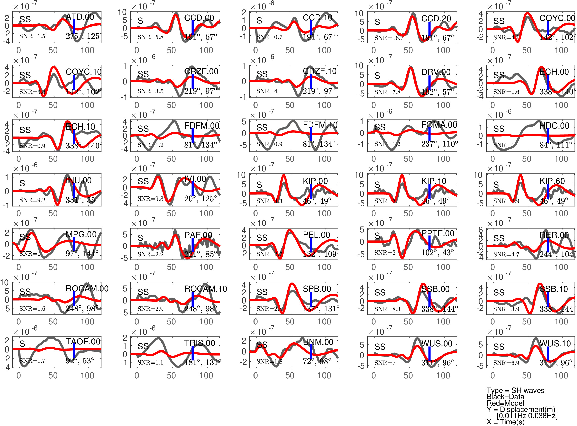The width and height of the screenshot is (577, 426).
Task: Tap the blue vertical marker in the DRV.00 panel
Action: (429, 83)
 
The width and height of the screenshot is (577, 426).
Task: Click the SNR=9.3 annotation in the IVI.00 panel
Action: (150, 198)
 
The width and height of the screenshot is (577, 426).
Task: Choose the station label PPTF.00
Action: (438, 233)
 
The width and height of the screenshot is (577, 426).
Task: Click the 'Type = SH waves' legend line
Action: (515, 390)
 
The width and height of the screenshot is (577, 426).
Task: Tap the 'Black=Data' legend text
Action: (505, 397)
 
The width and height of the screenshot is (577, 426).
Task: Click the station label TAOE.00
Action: (83, 341)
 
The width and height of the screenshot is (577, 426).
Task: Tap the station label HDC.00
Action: (554, 126)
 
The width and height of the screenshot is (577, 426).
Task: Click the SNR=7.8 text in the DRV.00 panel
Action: (387, 92)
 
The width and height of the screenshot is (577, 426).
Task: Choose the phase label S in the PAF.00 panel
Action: (140, 238)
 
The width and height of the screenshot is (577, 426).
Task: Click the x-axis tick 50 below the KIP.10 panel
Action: (408, 213)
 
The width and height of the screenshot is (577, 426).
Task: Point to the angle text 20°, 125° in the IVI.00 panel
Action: (200, 198)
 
